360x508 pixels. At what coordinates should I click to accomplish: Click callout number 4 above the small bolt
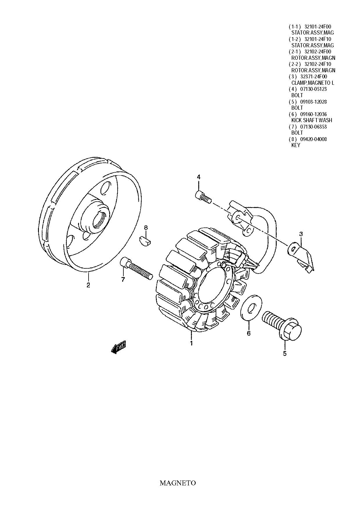(x=199, y=177)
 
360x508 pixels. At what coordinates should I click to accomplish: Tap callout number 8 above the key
(x=146, y=228)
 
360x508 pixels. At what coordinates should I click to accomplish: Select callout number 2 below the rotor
(x=88, y=285)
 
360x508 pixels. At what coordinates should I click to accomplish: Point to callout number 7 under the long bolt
(x=123, y=280)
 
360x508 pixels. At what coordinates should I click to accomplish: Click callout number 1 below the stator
(x=191, y=344)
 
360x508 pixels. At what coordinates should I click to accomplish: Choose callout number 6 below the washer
(x=249, y=333)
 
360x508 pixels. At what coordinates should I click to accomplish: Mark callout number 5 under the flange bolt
(x=285, y=353)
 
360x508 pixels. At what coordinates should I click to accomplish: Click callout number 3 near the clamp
(x=301, y=234)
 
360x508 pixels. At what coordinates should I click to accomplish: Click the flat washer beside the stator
(x=251, y=308)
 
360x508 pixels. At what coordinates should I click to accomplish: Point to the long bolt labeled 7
(x=136, y=269)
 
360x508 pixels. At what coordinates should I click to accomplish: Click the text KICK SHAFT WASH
(x=312, y=120)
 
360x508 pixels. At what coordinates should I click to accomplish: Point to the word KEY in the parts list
(x=296, y=145)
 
